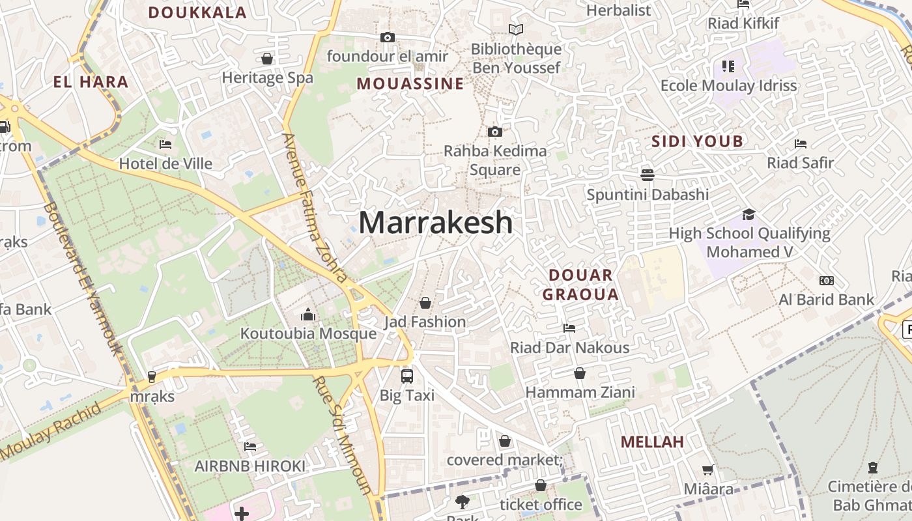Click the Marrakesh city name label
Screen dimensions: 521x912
(435, 223)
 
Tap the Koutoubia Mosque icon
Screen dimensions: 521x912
(308, 315)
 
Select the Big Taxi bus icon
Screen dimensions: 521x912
(407, 376)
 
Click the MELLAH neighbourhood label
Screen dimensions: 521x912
(652, 442)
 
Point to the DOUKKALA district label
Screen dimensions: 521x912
(197, 12)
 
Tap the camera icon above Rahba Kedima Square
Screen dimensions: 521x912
(495, 132)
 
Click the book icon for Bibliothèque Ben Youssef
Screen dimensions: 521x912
(516, 30)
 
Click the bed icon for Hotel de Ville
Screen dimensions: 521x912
(165, 145)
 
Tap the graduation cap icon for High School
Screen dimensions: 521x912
(748, 214)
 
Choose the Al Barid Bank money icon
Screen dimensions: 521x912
(827, 281)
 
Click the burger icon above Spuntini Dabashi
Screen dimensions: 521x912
(647, 175)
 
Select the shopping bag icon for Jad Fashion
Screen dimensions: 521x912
(425, 303)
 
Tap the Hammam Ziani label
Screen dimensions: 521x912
(580, 393)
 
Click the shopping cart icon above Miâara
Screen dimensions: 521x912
(708, 470)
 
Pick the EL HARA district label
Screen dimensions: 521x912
(91, 82)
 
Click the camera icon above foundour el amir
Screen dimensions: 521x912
(388, 38)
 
